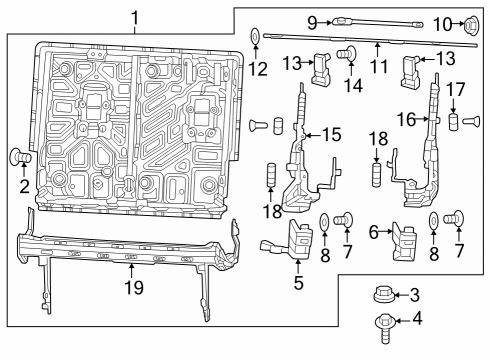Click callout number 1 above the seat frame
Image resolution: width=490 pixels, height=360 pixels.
click(136, 16)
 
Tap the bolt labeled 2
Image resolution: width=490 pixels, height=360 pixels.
click(19, 156)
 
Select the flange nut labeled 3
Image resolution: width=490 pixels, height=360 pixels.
click(381, 295)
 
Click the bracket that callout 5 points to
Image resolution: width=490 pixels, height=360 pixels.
click(297, 239)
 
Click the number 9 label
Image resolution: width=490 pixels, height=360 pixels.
click(312, 21)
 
